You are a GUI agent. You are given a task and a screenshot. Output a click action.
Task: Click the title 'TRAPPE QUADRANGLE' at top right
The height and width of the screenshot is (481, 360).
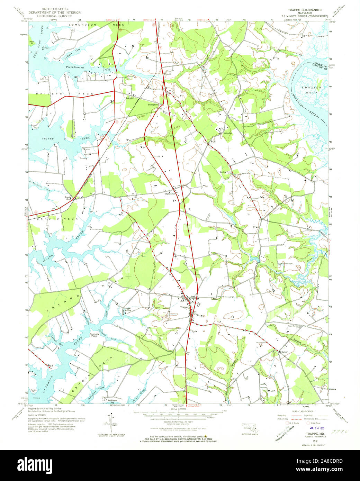click(305, 10)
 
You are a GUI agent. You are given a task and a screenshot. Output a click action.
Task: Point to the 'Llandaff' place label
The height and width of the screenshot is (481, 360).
click(130, 98)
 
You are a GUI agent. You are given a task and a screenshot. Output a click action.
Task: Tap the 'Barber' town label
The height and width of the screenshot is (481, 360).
click(285, 352)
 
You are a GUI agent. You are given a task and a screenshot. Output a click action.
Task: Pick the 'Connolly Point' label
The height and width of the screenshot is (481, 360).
click(94, 335)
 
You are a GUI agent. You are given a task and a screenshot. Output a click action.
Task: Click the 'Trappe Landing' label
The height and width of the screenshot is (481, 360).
click(127, 309)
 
